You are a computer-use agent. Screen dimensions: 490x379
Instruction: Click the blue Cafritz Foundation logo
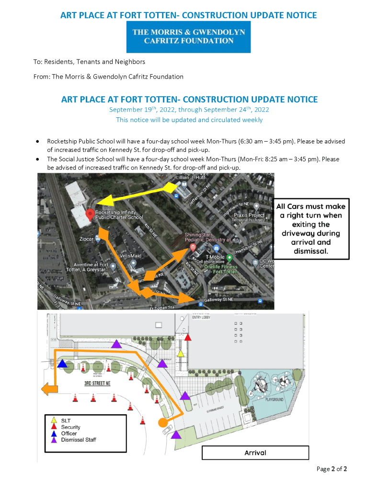pyautogui.click(x=188, y=37)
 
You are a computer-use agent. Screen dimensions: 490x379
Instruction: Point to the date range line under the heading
pyautogui.click(x=189, y=110)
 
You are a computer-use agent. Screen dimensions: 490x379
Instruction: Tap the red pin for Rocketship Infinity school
pyautogui.click(x=89, y=214)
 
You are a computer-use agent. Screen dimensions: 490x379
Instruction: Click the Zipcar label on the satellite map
pyautogui.click(x=86, y=239)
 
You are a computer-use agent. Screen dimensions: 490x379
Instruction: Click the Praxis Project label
pyautogui.click(x=249, y=215)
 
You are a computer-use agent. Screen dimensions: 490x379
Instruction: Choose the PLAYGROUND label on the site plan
pyautogui.click(x=271, y=399)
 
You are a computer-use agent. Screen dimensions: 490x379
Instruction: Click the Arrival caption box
pyautogui.click(x=255, y=453)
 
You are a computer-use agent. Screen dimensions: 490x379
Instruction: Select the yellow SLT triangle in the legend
pyautogui.click(x=54, y=421)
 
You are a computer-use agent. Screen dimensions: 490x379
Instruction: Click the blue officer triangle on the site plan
pyautogui.click(x=62, y=364)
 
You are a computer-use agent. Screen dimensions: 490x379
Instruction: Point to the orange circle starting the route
pyautogui.click(x=163, y=422)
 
